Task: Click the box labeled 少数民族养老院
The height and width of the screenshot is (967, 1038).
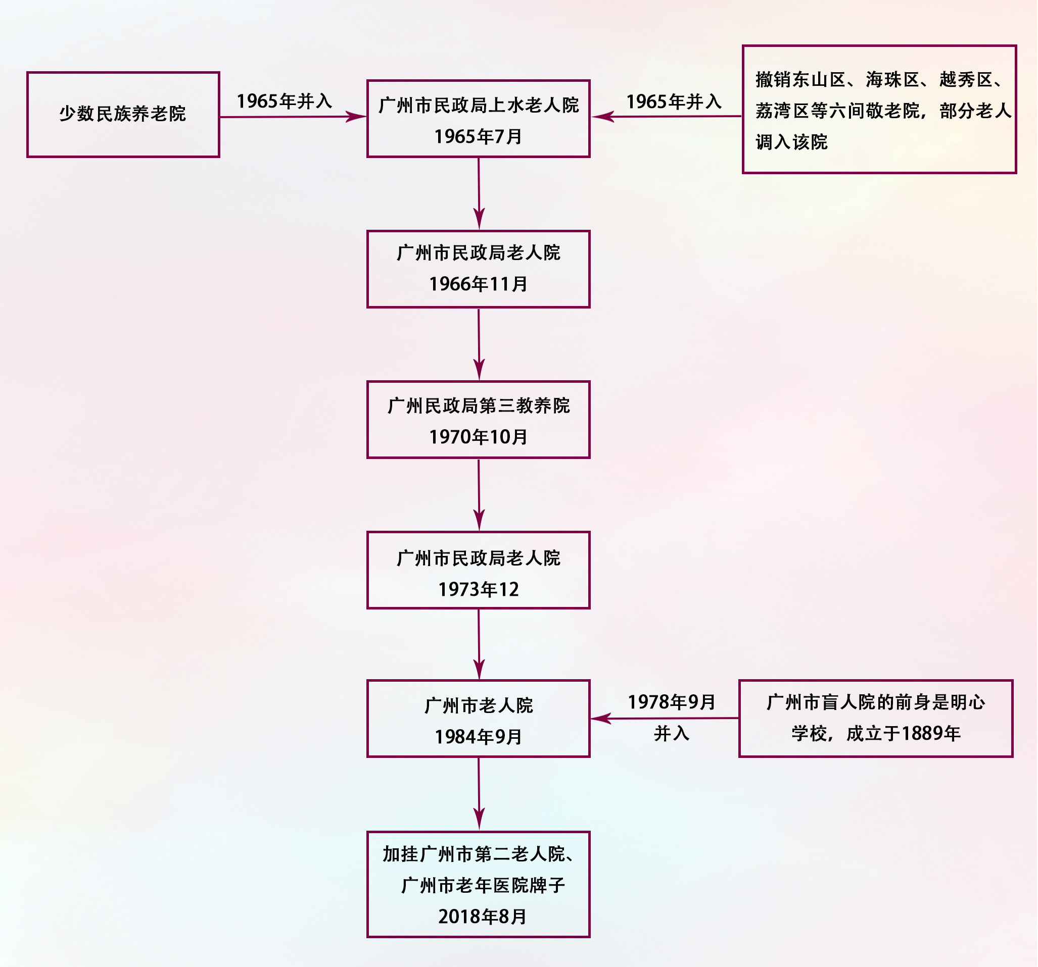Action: pyautogui.click(x=123, y=114)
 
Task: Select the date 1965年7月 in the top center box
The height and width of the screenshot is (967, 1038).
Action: pyautogui.click(x=478, y=137)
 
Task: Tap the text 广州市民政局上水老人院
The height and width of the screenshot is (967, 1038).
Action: pyautogui.click(x=478, y=106)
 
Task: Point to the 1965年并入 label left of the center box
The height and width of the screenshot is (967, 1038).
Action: pyautogui.click(x=284, y=101)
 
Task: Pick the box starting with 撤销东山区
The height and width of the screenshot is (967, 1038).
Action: pyautogui.click(x=879, y=110)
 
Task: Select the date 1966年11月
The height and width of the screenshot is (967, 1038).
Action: pyautogui.click(x=478, y=284)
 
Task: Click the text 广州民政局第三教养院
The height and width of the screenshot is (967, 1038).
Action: pyautogui.click(x=478, y=405)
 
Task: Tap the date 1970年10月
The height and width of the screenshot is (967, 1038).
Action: pyautogui.click(x=478, y=437)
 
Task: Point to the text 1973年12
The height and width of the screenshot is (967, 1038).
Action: pyautogui.click(x=478, y=590)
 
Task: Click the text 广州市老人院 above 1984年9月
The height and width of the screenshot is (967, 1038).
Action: pyautogui.click(x=478, y=705)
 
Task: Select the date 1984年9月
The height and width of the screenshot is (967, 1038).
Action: pyautogui.click(x=478, y=737)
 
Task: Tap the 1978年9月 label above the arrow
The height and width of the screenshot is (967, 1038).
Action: pyautogui.click(x=671, y=702)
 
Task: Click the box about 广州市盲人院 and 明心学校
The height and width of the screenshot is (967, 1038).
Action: pyautogui.click(x=876, y=718)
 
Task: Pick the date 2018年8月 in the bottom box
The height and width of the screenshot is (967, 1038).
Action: pyautogui.click(x=482, y=917)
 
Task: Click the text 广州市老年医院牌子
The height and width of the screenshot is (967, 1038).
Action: pyautogui.click(x=483, y=885)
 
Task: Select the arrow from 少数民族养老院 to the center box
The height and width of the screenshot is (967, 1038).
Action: pyautogui.click(x=293, y=117)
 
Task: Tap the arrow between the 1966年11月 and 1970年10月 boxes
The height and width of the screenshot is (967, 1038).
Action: pyautogui.click(x=479, y=344)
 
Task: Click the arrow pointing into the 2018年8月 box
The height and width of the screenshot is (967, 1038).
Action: pyautogui.click(x=479, y=794)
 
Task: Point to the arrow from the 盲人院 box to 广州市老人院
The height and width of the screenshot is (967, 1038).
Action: pyautogui.click(x=664, y=719)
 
